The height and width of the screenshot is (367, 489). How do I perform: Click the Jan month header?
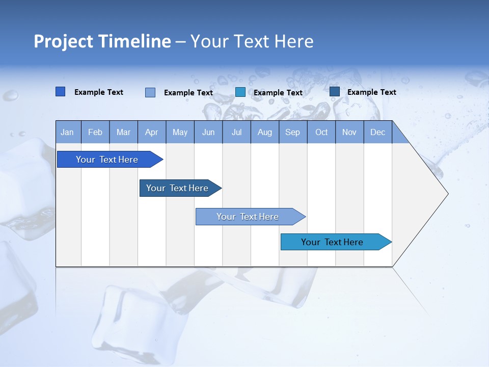click(x=68, y=132)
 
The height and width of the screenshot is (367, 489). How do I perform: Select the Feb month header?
click(x=95, y=132)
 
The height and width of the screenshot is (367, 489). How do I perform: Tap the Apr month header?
click(x=152, y=132)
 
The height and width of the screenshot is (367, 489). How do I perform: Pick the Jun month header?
click(x=208, y=132)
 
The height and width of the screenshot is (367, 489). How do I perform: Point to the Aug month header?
click(x=265, y=132)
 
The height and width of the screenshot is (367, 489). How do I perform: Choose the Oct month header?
click(x=321, y=132)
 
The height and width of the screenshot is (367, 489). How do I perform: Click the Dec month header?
click(x=378, y=132)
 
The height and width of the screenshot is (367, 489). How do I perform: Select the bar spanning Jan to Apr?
click(x=107, y=160)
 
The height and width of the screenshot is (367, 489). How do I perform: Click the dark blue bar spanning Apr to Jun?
click(x=177, y=188)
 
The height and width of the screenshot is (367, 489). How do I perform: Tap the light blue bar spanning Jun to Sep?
click(x=248, y=217)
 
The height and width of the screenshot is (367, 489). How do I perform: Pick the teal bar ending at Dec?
click(x=332, y=242)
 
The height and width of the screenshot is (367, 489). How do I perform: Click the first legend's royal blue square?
click(x=61, y=92)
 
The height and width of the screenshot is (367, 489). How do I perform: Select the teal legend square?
click(x=240, y=92)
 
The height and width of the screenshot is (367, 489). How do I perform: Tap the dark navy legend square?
click(x=335, y=92)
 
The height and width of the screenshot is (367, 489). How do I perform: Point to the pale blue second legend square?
click(x=150, y=92)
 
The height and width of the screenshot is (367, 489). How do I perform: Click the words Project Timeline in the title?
click(x=102, y=41)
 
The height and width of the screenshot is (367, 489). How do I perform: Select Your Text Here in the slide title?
click(x=252, y=41)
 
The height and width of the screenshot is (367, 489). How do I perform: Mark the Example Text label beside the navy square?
click(x=372, y=92)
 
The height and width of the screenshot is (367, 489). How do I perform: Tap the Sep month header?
click(x=293, y=132)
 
